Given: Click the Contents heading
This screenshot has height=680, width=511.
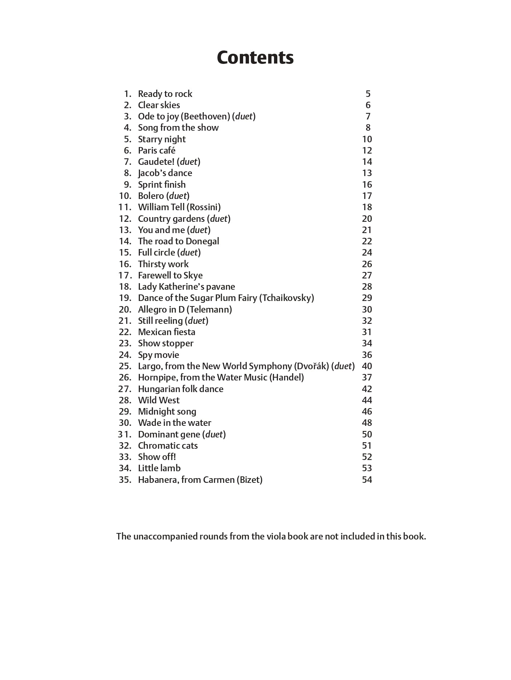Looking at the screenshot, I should pos(255,57).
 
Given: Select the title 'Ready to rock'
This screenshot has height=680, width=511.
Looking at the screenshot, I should pos(165,94).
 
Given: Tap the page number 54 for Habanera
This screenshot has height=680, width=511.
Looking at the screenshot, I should pos(367,480).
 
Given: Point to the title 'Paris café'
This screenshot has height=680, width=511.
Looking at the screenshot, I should pos(157,150).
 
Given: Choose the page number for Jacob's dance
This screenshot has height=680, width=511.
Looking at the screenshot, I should pos(367,173).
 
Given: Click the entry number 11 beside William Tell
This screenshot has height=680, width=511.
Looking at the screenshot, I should pos(125,207).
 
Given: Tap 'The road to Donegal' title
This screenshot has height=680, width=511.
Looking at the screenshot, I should pos(178,241).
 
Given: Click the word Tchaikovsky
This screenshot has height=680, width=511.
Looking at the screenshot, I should pos(286,298).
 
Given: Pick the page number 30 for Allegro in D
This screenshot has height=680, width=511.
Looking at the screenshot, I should pos(367,309).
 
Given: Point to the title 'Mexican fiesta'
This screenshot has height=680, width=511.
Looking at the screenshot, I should pos(166,332).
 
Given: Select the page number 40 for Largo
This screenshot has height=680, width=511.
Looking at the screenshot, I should pos(367,366).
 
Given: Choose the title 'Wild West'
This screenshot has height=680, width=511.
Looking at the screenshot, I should pos(159,400).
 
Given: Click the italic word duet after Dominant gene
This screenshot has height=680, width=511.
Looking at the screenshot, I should pos(214,434).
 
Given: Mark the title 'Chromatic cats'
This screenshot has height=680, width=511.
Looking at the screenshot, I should pos(168,445).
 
